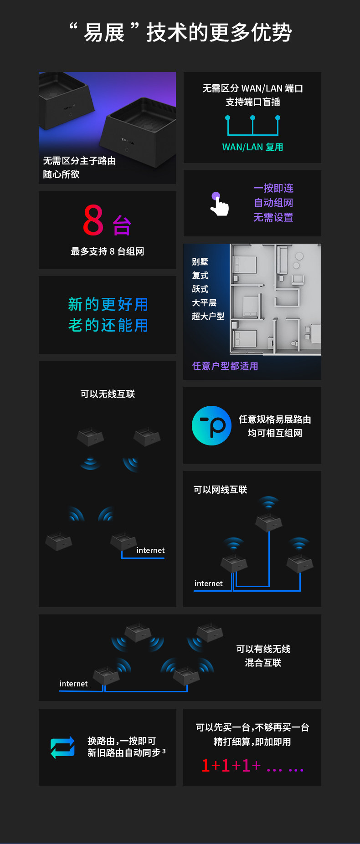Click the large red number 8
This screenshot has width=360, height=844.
93,220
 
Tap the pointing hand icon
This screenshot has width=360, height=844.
219,204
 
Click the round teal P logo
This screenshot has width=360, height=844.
211,425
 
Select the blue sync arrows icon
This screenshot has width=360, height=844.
62,747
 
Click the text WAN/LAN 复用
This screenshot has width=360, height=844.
252,147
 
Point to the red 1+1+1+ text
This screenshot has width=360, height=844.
231,766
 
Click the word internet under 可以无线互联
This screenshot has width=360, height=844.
150,550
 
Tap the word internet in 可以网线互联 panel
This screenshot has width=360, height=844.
208,583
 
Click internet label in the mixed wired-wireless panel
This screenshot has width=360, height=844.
73,684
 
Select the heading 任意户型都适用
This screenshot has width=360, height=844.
225,366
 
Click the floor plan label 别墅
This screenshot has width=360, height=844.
200,262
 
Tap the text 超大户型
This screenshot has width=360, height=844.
208,316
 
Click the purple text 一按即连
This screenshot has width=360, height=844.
273,188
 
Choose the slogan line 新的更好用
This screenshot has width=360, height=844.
108,304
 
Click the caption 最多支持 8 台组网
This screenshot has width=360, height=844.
108,251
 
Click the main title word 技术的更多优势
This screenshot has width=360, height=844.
219,33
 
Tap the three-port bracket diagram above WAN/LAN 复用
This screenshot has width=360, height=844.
252,125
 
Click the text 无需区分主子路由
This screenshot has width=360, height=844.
79,161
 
